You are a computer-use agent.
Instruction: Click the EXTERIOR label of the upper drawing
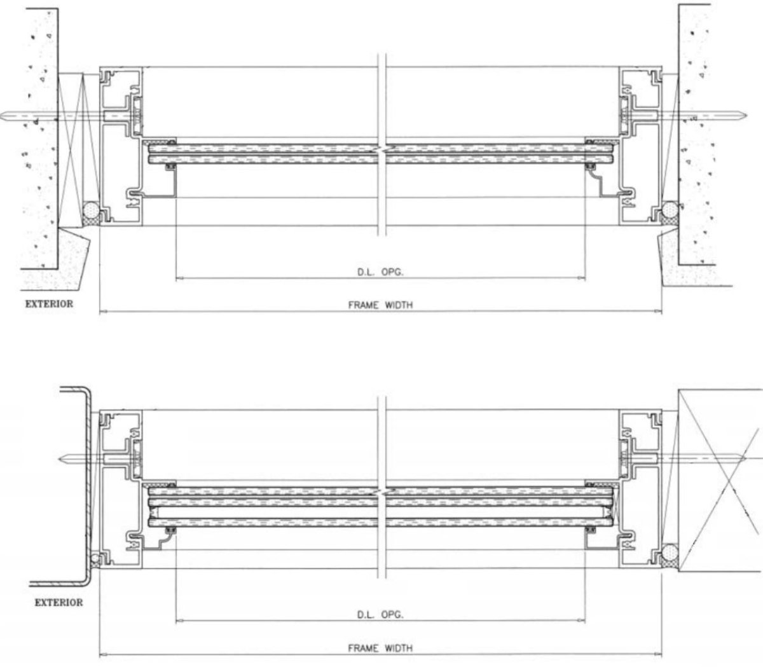(49, 304)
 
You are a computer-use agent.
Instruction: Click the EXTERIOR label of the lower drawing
(59, 603)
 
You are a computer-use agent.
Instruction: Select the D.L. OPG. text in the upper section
(380, 272)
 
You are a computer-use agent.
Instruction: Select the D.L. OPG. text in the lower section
(380, 614)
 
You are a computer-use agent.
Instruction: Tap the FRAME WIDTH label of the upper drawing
(380, 305)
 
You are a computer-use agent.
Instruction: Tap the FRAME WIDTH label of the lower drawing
(380, 649)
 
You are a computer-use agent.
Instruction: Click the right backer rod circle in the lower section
(670, 552)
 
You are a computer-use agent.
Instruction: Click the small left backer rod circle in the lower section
(95, 558)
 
